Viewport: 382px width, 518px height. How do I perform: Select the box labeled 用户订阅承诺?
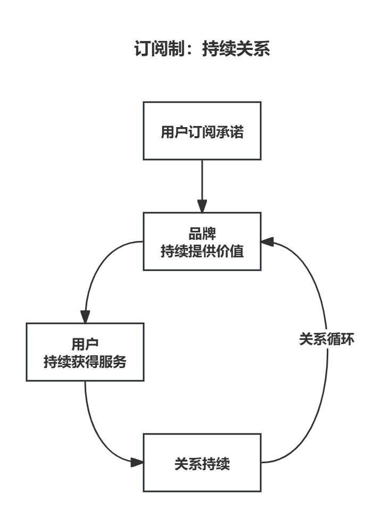pyautogui.click(x=202, y=131)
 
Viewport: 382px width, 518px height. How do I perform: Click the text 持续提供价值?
pyautogui.click(x=202, y=251)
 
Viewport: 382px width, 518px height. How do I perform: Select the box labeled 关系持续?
pyautogui.click(x=202, y=463)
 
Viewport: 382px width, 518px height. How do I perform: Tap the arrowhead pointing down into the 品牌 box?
pyautogui.click(x=202, y=206)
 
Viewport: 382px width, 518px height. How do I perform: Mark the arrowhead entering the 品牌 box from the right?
pyautogui.click(x=268, y=242)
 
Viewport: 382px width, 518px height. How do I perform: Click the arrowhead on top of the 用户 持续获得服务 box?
pyautogui.click(x=85, y=316)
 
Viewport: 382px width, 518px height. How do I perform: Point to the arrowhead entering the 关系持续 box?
pyautogui.click(x=137, y=462)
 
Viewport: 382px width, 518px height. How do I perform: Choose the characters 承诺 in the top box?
pyautogui.click(x=233, y=131)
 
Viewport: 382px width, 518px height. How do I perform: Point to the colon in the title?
pyautogui.click(x=188, y=50)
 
